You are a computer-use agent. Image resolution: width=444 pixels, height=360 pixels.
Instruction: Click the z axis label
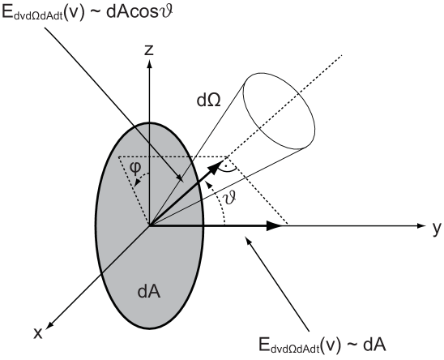[149, 49]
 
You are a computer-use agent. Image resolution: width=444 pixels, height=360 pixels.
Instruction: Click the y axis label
[437, 228]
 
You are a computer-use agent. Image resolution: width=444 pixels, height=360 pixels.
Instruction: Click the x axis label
[38, 332]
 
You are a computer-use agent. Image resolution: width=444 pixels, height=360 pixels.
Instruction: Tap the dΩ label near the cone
[209, 100]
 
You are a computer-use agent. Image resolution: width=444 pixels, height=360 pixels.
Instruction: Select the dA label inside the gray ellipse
[149, 291]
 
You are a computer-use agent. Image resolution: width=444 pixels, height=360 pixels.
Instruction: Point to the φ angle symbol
[135, 168]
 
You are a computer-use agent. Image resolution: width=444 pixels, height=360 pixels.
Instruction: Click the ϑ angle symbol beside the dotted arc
[229, 198]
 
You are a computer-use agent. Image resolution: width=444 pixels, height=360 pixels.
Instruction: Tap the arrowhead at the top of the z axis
[149, 65]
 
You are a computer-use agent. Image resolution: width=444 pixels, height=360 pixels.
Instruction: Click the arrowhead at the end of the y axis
[421, 225]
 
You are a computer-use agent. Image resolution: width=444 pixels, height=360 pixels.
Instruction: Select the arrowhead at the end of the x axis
[49, 326]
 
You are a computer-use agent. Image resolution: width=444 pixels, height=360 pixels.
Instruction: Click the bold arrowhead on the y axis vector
[275, 225]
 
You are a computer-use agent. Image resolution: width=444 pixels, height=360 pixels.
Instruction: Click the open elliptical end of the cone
[279, 111]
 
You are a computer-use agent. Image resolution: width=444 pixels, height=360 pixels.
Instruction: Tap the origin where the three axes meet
[149, 226]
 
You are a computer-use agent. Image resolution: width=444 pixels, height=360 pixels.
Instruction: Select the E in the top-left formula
[6, 12]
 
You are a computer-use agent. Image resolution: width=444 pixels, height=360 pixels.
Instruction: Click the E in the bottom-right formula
[264, 345]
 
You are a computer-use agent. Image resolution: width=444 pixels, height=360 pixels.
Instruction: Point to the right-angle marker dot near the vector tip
[226, 165]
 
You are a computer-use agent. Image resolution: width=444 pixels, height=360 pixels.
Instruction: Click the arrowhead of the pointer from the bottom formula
[249, 240]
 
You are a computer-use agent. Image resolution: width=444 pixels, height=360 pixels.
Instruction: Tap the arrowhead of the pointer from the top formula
[180, 178]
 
